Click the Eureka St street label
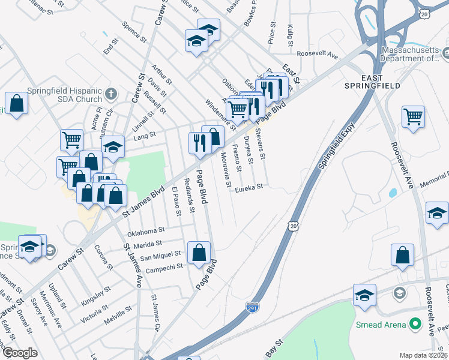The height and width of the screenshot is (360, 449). [x=249, y=187]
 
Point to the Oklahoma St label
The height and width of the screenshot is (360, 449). [x=146, y=230]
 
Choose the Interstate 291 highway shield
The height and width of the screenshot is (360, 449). [x=253, y=308]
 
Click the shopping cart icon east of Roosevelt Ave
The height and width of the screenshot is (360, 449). [x=413, y=116]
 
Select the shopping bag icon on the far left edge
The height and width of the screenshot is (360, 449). [x=16, y=103]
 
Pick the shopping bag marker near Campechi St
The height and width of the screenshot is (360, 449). [x=199, y=253]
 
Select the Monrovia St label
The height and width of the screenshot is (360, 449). [x=224, y=169]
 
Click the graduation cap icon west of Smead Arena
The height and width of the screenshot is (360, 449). [x=364, y=296]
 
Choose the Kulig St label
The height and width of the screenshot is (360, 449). [x=289, y=35]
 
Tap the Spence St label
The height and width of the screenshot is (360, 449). [x=134, y=33]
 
